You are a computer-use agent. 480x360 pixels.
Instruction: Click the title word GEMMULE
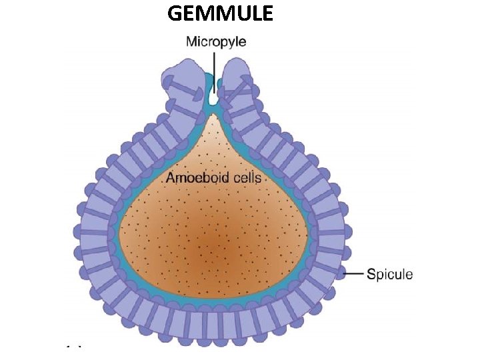[x=220, y=13]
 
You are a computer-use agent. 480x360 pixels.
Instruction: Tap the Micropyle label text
[x=215, y=41]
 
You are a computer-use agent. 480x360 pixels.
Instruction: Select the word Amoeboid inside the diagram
[x=193, y=178]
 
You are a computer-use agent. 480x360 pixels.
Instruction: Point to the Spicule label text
[x=390, y=274]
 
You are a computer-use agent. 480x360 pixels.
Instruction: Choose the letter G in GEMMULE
[x=175, y=13]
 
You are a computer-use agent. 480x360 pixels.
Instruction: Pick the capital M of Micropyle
[x=191, y=41]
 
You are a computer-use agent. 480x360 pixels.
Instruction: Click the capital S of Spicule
[x=371, y=274]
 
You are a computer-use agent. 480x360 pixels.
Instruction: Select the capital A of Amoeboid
[x=171, y=178]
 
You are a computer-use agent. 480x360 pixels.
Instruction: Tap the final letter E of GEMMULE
[x=266, y=13]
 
